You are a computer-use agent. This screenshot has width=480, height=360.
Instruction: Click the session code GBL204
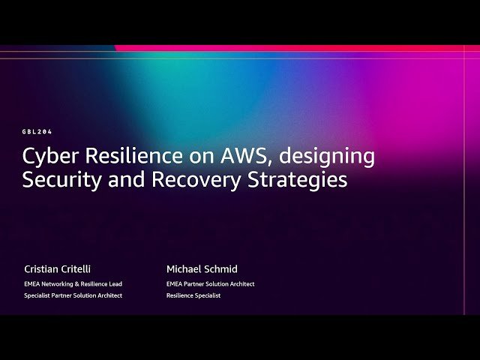click(37, 131)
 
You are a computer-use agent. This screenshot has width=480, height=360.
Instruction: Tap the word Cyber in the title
click(47, 156)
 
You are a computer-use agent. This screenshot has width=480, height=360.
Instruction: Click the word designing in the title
click(331, 157)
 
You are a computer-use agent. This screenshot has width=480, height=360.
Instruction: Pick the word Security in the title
click(56, 180)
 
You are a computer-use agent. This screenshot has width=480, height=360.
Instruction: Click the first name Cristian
click(42, 268)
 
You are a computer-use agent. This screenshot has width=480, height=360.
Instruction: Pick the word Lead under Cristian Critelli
click(115, 284)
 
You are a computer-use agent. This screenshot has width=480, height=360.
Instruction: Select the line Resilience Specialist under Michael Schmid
click(193, 295)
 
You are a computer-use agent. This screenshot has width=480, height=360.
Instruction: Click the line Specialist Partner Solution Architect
click(73, 295)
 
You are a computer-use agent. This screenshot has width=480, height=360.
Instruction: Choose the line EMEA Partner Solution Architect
click(210, 284)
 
